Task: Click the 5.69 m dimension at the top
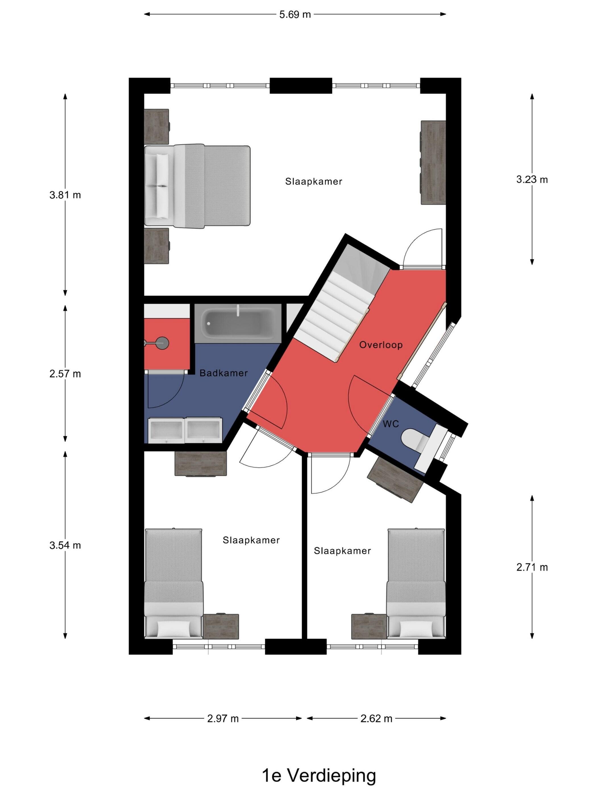click(x=295, y=14)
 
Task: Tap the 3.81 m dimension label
click(x=65, y=195)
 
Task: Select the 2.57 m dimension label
click(x=65, y=374)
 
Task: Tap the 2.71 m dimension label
click(x=532, y=567)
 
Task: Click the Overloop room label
click(x=381, y=345)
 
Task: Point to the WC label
click(x=391, y=424)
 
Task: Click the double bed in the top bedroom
click(x=197, y=186)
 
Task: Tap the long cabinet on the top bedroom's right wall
click(x=433, y=163)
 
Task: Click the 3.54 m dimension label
click(x=65, y=545)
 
